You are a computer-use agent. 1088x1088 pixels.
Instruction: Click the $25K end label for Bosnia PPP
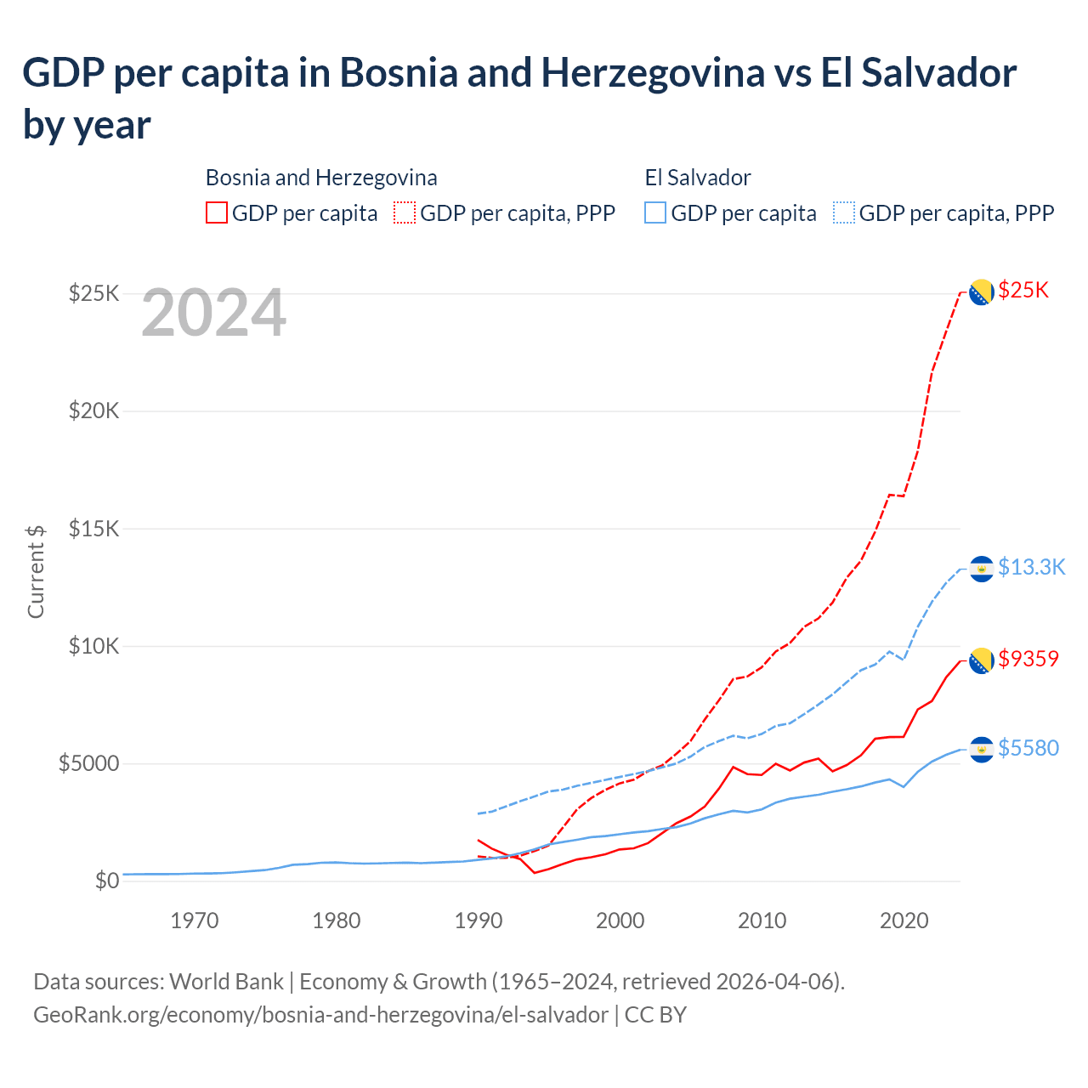(x=1023, y=291)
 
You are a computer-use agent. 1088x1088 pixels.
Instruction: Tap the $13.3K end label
(x=1031, y=567)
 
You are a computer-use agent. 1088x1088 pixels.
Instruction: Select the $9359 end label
(x=1028, y=659)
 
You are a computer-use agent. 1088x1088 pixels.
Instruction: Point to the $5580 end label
(x=1028, y=748)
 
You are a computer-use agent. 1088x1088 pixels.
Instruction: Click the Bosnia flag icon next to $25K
(x=982, y=292)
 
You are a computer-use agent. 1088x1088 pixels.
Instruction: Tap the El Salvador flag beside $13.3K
(x=982, y=569)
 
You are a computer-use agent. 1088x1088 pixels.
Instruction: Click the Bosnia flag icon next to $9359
(x=982, y=660)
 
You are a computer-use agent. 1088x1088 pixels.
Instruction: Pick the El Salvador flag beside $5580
(x=982, y=750)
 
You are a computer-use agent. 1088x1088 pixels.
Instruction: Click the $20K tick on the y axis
(x=94, y=411)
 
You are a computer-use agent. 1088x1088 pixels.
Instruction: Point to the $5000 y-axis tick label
(x=88, y=763)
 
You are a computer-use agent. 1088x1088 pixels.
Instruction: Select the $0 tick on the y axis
(x=107, y=881)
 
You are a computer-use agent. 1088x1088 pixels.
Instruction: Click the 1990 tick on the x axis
(x=479, y=921)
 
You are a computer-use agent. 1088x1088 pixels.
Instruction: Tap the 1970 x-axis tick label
(x=195, y=921)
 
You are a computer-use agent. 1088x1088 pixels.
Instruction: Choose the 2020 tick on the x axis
(x=904, y=921)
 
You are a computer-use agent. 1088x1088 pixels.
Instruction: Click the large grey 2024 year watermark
(x=213, y=314)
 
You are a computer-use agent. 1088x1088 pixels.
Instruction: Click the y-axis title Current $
(x=36, y=571)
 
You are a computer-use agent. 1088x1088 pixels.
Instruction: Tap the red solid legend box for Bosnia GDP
(x=217, y=212)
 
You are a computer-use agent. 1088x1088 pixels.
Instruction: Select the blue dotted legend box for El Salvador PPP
(x=844, y=212)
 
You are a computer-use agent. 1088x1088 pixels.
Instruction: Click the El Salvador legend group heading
(x=698, y=178)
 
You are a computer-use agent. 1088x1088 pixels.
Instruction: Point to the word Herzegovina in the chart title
(x=653, y=73)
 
